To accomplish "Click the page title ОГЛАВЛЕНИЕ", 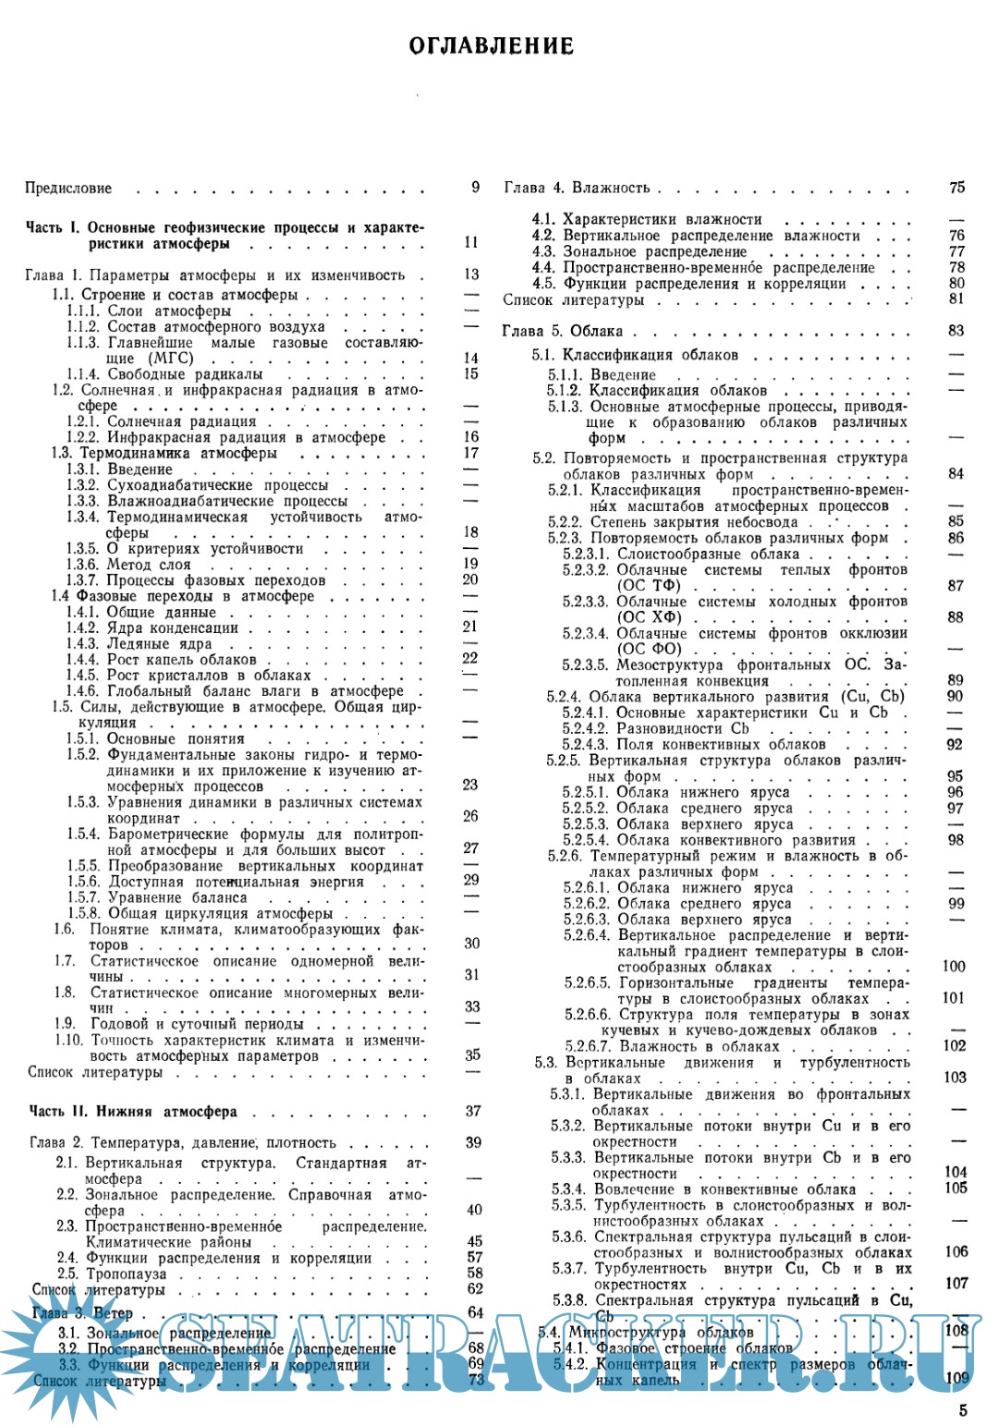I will point(491,46).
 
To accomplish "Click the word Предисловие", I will point(68,189).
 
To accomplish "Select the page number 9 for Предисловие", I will point(475,188).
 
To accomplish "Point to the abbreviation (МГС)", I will point(170,359).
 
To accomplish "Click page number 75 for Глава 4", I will point(956,188).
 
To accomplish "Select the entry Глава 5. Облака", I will point(562,331).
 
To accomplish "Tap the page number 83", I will point(955,331).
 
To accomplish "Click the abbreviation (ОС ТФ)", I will point(649,586).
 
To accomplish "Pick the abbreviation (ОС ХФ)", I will point(650,617).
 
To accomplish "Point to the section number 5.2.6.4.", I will point(587,935).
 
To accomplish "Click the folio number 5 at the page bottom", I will point(963,1410).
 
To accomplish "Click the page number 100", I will point(954,967).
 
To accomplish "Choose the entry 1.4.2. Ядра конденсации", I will point(152,628).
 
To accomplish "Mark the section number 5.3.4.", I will point(568,1189).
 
